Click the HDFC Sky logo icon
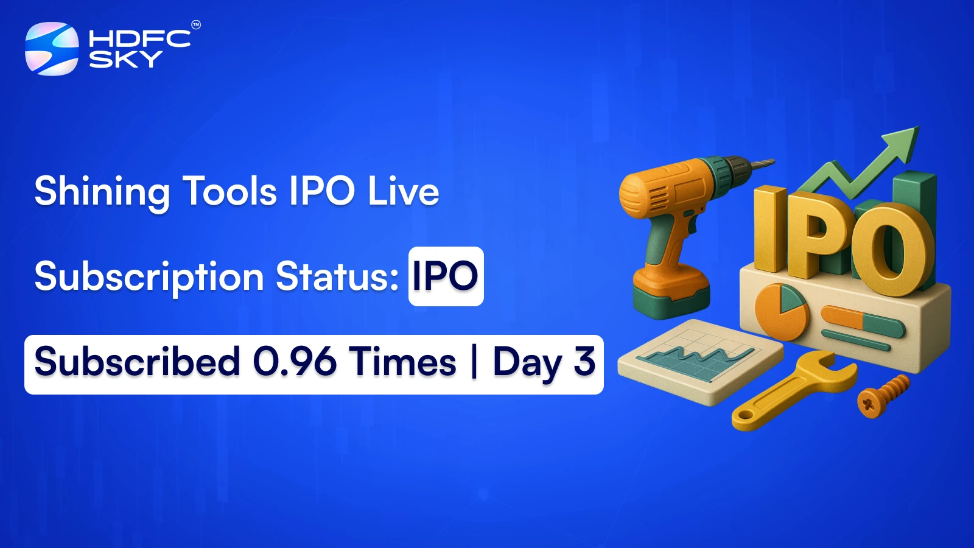pos(52,49)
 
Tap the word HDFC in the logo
pos(139,38)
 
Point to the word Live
pos(403,191)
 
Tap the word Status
pos(337,276)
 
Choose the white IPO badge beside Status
pos(446,276)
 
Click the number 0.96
pos(295,362)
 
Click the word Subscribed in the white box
pos(138,362)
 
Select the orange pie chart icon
pos(781,310)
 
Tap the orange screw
pos(883,395)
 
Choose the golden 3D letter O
pos(892,250)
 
